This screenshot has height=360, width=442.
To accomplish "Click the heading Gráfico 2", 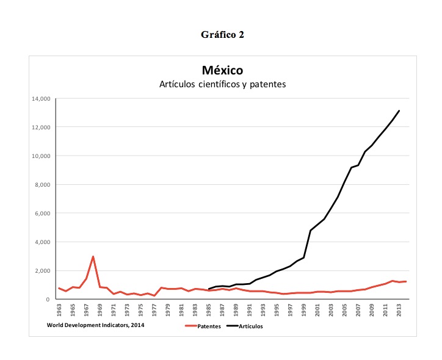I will pos(222,34).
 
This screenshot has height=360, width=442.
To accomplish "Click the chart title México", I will pos(222,71).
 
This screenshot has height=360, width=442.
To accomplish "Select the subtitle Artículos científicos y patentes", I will pos(222,84).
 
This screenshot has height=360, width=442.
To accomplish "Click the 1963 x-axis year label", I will pos(59,310).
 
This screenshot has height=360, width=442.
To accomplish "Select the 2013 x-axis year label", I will pos(399,310).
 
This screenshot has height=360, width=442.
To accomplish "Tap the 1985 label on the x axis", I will pos(209,310).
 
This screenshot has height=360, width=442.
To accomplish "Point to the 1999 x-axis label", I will pos(303,310).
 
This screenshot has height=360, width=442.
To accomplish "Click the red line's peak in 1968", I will pos(93,257).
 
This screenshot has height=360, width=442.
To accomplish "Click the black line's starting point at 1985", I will pos(209,289).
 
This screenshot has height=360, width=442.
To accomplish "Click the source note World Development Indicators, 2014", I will pos(96,325).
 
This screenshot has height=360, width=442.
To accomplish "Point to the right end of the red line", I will pos(405,281).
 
